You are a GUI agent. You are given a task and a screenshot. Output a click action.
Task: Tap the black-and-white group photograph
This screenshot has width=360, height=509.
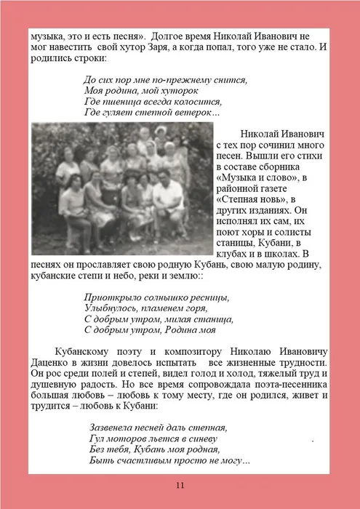click(x=121, y=187)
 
